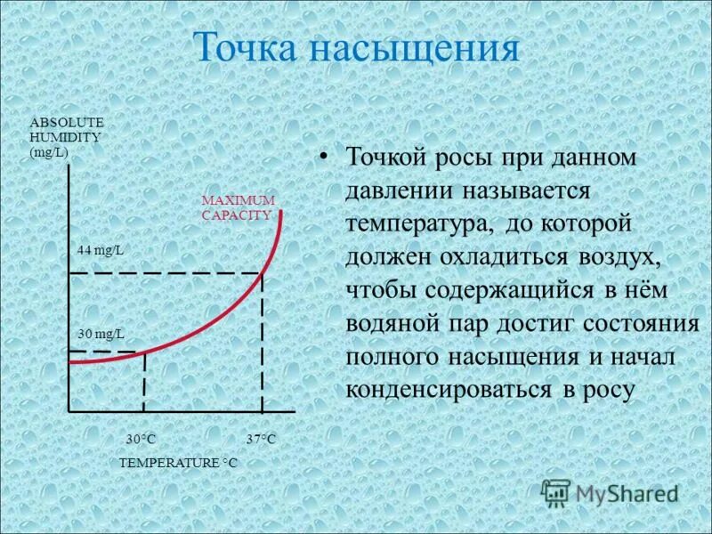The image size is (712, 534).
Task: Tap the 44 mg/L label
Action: tap(100, 251)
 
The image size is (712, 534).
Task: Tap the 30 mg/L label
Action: tap(100, 334)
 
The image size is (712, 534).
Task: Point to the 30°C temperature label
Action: tap(141, 440)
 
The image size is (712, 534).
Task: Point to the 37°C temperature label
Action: tap(261, 440)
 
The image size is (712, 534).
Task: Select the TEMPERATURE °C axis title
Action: tap(178, 464)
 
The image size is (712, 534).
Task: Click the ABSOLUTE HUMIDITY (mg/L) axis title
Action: tap(67, 137)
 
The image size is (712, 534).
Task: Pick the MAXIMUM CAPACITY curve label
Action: tap(238, 207)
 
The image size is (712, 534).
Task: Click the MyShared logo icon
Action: tap(556, 491)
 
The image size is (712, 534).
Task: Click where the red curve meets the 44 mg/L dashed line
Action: tap(263, 272)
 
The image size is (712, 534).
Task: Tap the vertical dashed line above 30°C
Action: tap(144, 383)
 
